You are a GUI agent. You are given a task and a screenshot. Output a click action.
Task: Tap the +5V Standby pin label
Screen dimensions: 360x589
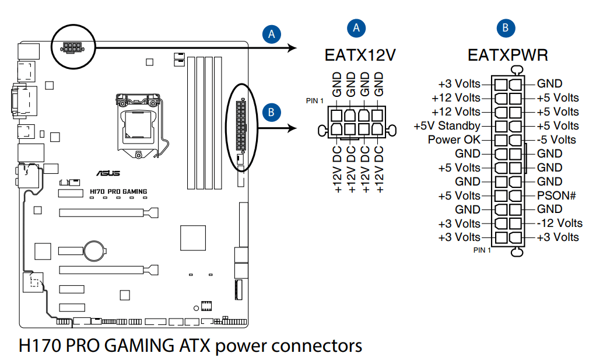(x=447, y=125)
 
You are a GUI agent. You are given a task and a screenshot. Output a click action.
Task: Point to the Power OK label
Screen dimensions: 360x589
(x=454, y=139)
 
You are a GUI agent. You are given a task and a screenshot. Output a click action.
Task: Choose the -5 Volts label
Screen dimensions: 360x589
(x=556, y=139)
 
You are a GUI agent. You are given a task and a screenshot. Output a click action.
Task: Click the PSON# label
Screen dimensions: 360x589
(x=556, y=195)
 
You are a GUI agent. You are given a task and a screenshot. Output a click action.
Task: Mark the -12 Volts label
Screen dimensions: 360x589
(x=559, y=223)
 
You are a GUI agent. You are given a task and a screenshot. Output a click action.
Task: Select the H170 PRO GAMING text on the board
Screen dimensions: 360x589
(x=118, y=191)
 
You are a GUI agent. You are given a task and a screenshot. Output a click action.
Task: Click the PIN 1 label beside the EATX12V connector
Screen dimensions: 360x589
(x=314, y=100)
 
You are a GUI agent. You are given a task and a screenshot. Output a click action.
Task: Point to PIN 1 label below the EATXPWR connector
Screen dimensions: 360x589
(x=482, y=250)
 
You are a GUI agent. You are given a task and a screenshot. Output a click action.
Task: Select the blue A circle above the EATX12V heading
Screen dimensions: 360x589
(x=356, y=27)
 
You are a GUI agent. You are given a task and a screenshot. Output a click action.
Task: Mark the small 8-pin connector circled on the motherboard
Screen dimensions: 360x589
(x=73, y=47)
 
